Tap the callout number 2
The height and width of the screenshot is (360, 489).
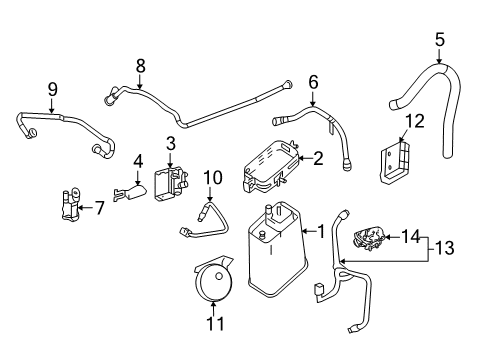(x=318, y=157)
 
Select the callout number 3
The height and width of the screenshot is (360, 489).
(x=171, y=143)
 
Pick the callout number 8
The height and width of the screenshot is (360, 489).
(x=141, y=66)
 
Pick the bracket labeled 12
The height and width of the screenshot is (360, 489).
(x=395, y=162)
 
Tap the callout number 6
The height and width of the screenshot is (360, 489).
(x=312, y=83)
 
